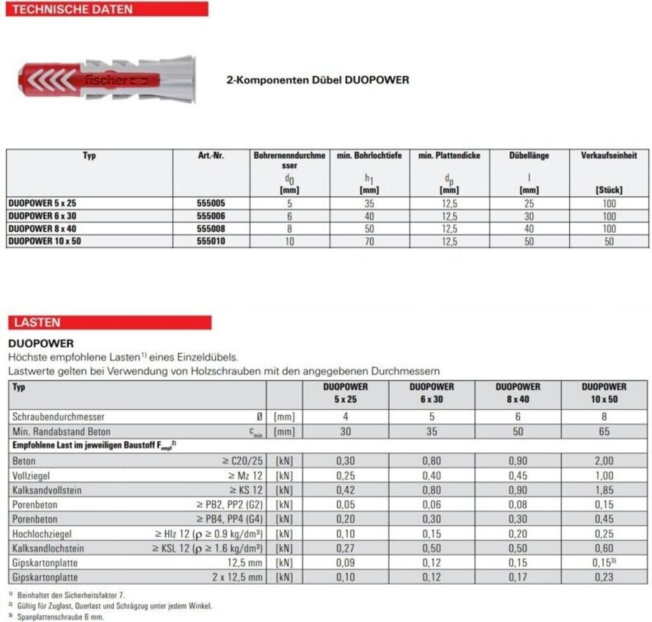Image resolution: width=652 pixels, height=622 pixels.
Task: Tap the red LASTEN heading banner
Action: point(109,322)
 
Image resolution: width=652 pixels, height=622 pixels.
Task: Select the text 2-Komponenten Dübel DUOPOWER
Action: point(318,80)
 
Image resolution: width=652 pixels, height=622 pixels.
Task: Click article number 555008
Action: point(211,228)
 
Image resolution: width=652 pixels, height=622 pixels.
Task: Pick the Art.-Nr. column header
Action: point(211,155)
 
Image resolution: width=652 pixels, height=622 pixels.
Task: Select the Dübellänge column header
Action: point(528,155)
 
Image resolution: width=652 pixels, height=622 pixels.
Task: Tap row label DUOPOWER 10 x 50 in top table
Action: point(45,241)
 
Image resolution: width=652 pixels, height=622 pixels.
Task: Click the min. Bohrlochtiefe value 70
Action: point(369,242)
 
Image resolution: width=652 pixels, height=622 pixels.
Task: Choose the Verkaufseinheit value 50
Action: point(609,242)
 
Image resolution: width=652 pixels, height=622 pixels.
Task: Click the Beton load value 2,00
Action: point(604,461)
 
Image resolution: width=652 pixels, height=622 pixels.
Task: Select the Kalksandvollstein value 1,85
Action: point(604,490)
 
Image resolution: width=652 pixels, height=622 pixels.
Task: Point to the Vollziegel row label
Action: point(31,475)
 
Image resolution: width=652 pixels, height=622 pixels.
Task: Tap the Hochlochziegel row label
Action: point(40,533)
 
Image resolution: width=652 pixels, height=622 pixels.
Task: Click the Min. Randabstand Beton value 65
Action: point(604,431)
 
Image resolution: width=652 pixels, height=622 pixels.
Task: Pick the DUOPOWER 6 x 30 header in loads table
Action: point(432,393)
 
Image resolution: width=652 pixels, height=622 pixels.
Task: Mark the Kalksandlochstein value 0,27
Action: point(345,548)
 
